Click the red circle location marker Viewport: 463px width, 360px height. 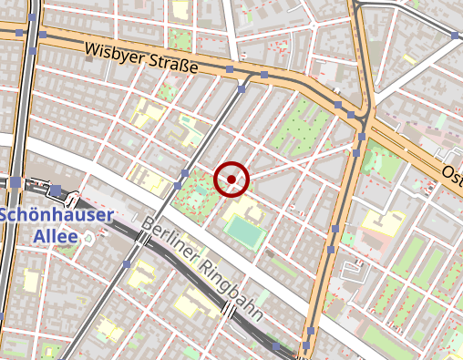(x=231, y=180)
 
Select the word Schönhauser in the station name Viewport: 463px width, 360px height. (x=57, y=216)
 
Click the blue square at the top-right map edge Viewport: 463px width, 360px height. (x=456, y=35)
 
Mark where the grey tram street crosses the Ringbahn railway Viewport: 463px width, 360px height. (x=143, y=239)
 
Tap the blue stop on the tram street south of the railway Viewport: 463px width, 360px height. (x=127, y=264)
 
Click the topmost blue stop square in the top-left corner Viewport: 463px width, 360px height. (x=33, y=17)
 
